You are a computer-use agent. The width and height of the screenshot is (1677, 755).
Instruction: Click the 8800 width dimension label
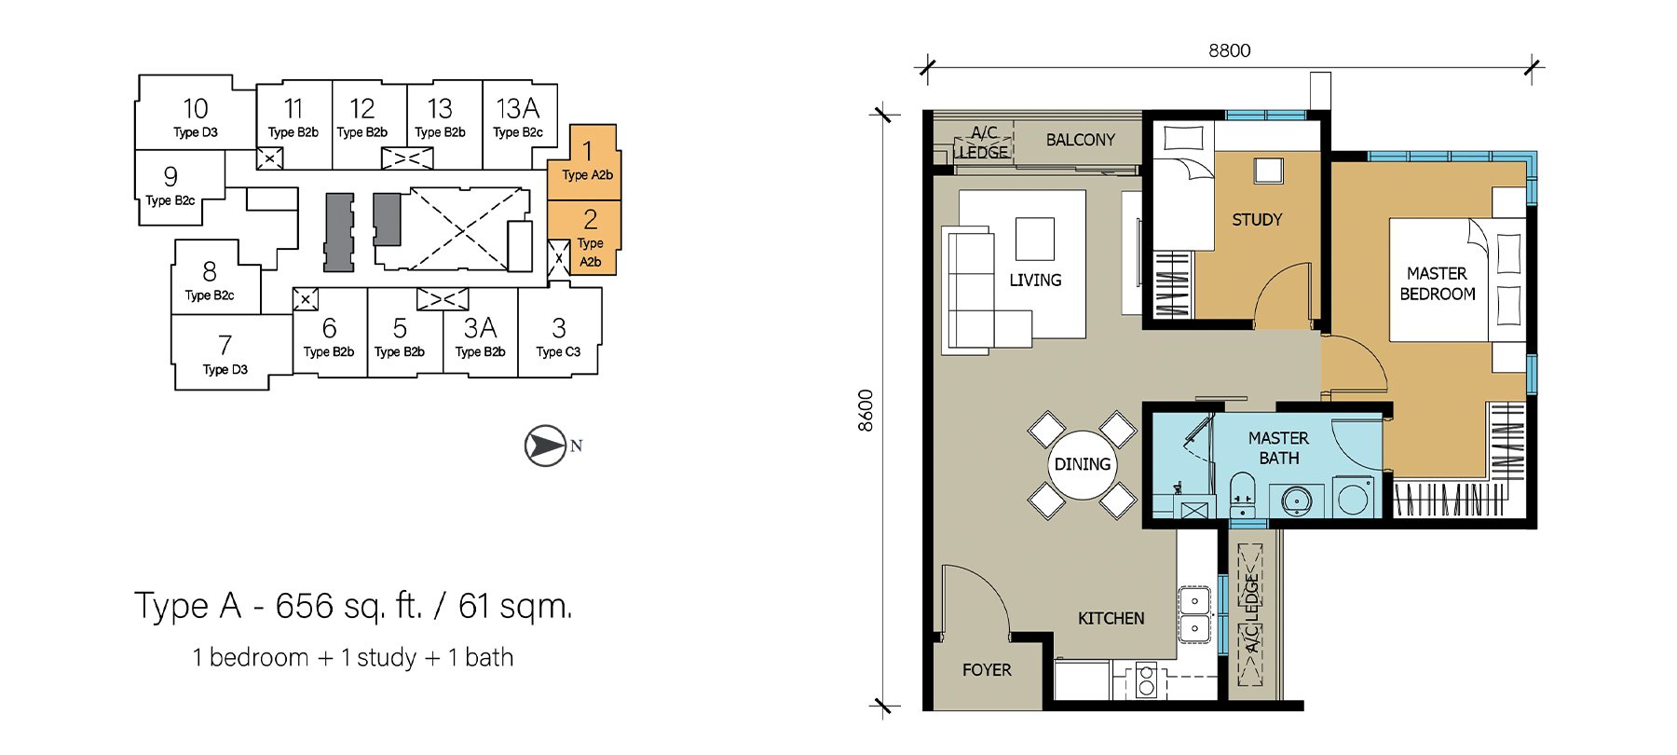1229,50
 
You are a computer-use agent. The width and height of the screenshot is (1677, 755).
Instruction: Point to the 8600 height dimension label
866,410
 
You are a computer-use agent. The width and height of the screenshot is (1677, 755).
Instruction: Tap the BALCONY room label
1080,140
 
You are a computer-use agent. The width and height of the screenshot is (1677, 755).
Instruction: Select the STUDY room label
1257,220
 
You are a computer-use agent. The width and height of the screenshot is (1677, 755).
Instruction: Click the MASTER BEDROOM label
1437,283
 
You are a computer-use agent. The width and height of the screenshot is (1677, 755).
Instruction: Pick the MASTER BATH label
1278,448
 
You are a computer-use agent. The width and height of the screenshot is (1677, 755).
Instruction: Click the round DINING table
1082,464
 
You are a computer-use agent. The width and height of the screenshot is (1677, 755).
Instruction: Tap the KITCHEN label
1111,618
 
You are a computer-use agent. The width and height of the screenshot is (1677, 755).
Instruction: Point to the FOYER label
987,670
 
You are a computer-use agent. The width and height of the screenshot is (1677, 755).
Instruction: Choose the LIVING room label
1035,280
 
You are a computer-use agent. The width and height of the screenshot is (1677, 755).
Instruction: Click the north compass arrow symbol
546,446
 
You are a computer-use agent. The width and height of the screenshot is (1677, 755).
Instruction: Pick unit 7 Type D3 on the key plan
225,352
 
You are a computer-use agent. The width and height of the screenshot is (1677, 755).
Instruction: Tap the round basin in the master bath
1296,501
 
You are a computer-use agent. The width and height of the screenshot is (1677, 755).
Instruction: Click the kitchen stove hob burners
1146,680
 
